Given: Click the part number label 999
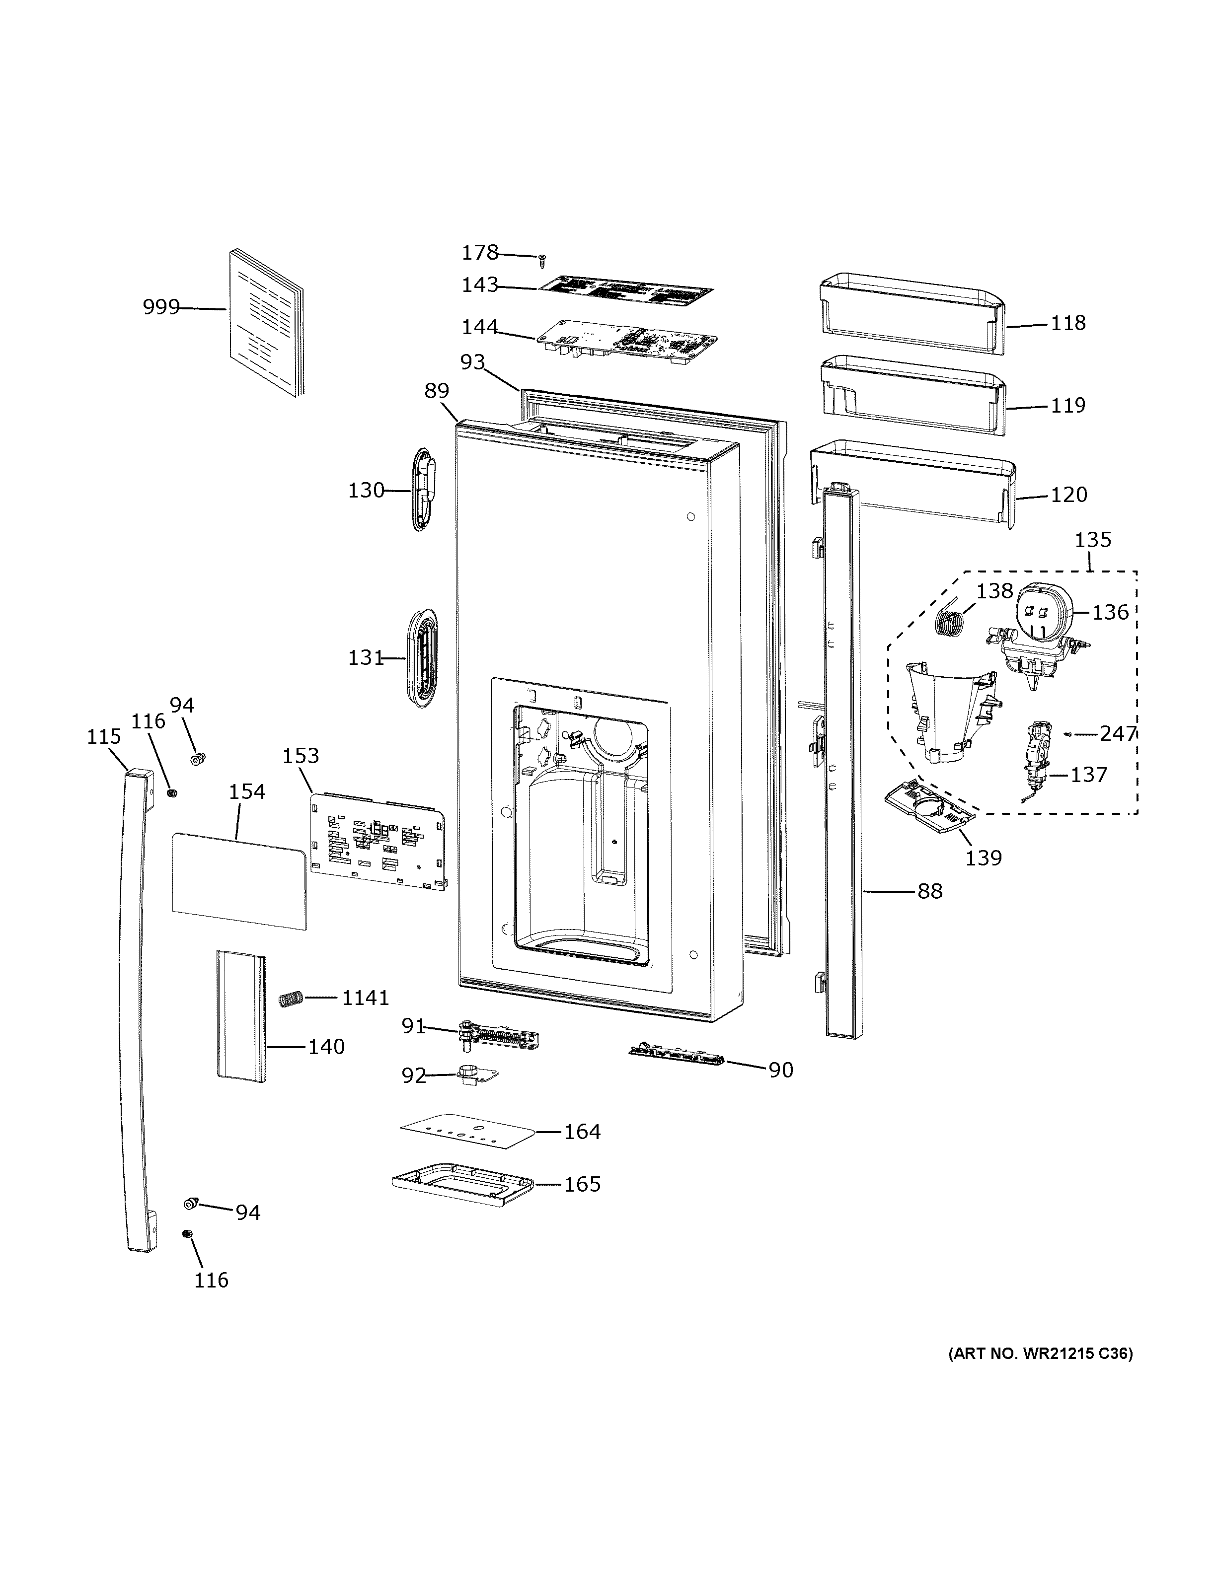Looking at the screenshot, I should (x=160, y=307).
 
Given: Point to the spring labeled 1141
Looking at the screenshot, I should (x=289, y=999).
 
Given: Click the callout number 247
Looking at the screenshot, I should (x=1117, y=733).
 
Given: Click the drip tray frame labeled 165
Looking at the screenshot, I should (x=462, y=1185).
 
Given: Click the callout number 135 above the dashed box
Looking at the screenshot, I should (x=1093, y=539).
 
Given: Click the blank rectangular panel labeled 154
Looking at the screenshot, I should (x=238, y=881).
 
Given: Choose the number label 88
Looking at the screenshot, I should (x=929, y=892).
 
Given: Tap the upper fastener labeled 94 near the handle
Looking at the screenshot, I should (x=196, y=758).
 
